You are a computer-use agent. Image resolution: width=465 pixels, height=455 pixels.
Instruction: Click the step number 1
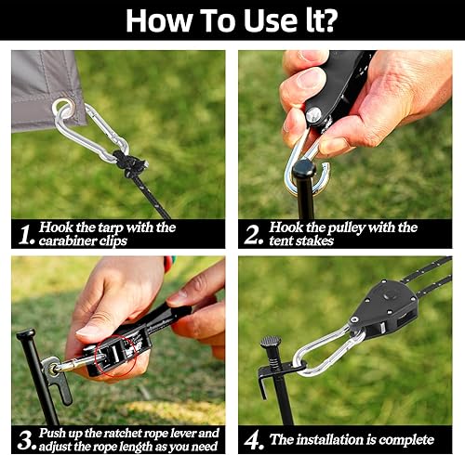(x=25, y=235)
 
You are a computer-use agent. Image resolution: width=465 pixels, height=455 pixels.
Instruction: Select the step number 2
(x=253, y=235)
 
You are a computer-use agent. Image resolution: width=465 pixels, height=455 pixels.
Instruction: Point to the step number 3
(x=26, y=441)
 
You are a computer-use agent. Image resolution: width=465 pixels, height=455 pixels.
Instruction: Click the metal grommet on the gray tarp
(x=63, y=110)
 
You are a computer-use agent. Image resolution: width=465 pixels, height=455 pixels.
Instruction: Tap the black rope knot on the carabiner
(x=129, y=162)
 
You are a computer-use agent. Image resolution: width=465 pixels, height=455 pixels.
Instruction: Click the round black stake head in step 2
(x=304, y=168)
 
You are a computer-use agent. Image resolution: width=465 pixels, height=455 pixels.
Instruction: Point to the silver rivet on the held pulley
(x=313, y=114)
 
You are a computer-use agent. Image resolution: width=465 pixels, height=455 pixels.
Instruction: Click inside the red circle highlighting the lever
(x=115, y=356)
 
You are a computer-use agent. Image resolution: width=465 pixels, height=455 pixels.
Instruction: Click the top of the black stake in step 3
(x=26, y=333)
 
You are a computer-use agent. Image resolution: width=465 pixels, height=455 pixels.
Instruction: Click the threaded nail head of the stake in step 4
(x=271, y=341)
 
